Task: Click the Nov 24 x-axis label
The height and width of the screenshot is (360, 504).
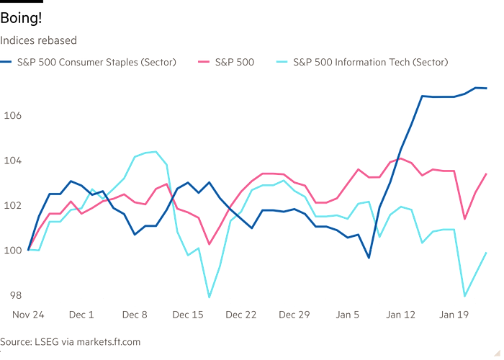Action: (x=27, y=315)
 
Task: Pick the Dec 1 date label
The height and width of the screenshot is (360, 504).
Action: (x=81, y=315)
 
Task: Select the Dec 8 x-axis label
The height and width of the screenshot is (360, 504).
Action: (x=135, y=315)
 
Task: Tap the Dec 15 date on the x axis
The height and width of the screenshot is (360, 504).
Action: (x=189, y=315)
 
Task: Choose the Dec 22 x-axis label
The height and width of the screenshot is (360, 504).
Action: (x=242, y=315)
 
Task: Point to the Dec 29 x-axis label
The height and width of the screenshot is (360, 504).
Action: (x=295, y=315)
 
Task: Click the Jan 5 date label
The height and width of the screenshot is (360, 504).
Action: (x=348, y=315)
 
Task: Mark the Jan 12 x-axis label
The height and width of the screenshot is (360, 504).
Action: (x=401, y=315)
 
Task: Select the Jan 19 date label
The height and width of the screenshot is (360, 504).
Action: (x=454, y=315)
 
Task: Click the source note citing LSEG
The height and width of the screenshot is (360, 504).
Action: (x=71, y=341)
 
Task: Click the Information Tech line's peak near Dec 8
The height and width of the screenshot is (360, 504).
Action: (x=155, y=150)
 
